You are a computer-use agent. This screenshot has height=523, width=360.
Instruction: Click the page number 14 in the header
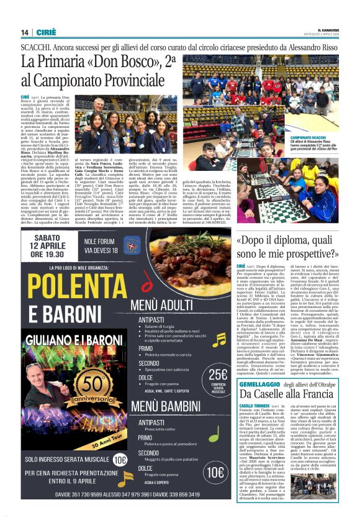click(25, 33)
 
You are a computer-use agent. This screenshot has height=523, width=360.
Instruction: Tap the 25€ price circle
click(218, 375)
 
